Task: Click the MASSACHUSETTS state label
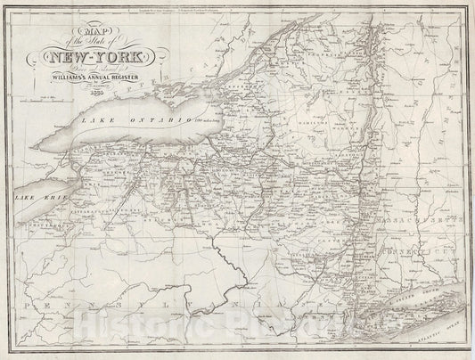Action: click(x=420, y=219)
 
